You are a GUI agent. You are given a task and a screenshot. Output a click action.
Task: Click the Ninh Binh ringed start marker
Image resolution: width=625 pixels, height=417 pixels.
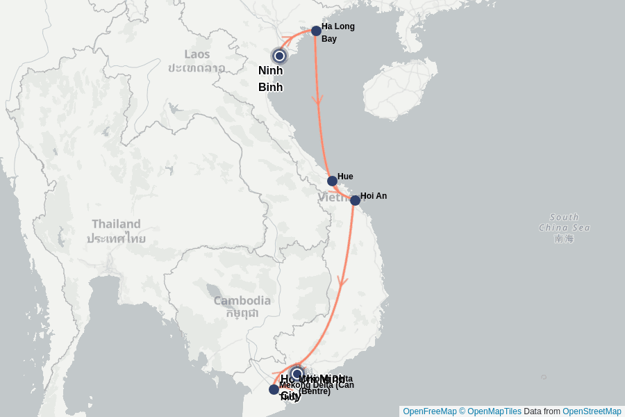tap(279, 56)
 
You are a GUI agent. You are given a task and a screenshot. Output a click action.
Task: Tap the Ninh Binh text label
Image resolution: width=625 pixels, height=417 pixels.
tap(270, 79)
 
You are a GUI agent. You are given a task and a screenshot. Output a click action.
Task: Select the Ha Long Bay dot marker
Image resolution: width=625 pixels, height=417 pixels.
tap(316, 31)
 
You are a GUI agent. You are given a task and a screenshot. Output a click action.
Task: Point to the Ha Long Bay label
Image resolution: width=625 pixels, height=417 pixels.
tap(337, 33)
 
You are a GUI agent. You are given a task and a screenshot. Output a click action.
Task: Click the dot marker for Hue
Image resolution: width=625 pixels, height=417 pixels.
tap(332, 181)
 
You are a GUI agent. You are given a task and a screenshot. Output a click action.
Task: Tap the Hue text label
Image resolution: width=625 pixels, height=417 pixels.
tap(345, 177)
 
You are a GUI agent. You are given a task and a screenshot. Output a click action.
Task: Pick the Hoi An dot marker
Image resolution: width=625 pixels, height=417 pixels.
tap(355, 200)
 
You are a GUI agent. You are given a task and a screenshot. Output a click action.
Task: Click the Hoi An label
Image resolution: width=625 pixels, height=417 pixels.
tap(374, 196)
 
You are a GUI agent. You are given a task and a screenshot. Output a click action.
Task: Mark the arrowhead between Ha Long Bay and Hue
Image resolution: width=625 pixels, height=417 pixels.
tap(318, 101)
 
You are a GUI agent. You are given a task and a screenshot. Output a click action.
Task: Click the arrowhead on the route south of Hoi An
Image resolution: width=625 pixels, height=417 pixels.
tap(342, 281)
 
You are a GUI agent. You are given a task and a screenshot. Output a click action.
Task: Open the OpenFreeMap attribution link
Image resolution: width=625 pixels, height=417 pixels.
tap(429, 411)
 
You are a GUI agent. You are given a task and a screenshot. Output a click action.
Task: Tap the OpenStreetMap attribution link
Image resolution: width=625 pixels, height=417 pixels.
tap(591, 411)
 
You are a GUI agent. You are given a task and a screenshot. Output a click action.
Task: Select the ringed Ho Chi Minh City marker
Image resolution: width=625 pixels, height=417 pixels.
tap(297, 373)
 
